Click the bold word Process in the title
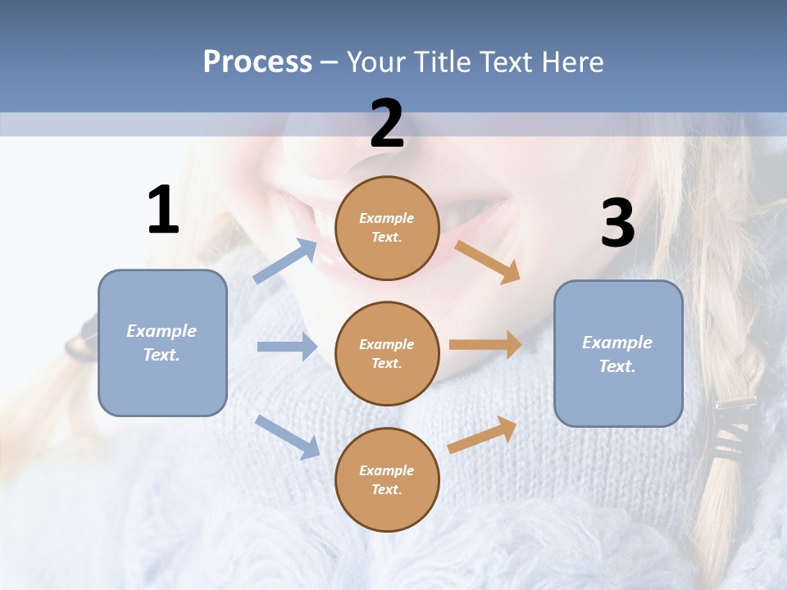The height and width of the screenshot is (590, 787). [x=258, y=62]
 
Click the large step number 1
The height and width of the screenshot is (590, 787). [x=164, y=209]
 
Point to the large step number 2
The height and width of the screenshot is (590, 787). [x=387, y=123]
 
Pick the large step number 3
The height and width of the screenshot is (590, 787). [x=618, y=222]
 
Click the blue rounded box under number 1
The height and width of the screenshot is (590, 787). [x=162, y=343]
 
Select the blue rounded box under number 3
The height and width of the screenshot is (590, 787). [x=618, y=354]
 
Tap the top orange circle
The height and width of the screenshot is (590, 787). [x=388, y=228]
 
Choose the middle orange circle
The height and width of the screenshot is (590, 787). [x=388, y=354]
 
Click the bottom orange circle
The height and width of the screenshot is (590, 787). [x=388, y=479]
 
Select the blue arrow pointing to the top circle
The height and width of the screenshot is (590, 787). [x=285, y=261]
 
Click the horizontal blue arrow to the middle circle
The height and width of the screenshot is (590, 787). [x=288, y=346]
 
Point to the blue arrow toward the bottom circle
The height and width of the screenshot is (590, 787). [x=288, y=438]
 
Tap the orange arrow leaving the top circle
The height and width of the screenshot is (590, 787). [x=487, y=262]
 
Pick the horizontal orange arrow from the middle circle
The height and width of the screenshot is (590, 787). [x=485, y=344]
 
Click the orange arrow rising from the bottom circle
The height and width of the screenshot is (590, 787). [x=482, y=435]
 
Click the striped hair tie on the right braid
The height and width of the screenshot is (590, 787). [x=733, y=426]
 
